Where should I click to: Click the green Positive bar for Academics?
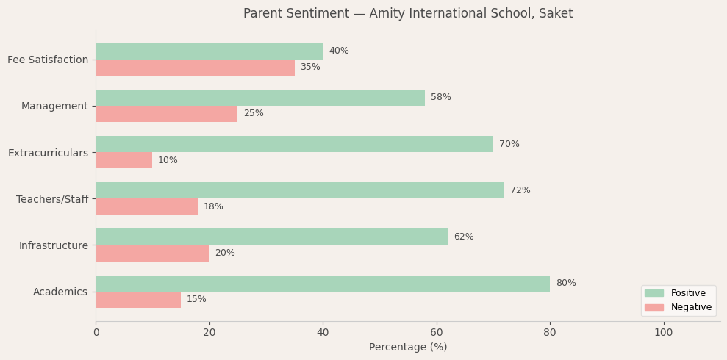tap(323, 284)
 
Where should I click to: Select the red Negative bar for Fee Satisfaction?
tap(195, 68)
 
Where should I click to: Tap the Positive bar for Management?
tap(260, 98)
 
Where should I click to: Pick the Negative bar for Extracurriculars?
tap(123, 160)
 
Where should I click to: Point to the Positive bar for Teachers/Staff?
tap(300, 190)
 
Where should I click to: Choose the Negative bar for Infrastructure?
tap(152, 253)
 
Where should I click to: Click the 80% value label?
tap(566, 284)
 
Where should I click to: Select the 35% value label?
tap(310, 68)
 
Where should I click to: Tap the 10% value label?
tap(168, 160)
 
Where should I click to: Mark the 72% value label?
tap(520, 191)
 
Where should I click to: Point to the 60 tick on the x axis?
tap(437, 333)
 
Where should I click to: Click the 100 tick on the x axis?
tap(664, 333)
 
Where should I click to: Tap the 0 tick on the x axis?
tap(96, 333)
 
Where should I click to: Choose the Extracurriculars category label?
tap(48, 153)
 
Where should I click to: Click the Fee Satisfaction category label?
tap(48, 60)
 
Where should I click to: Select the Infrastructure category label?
tap(54, 245)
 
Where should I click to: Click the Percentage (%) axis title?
tap(408, 348)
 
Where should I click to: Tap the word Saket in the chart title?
tap(556, 14)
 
